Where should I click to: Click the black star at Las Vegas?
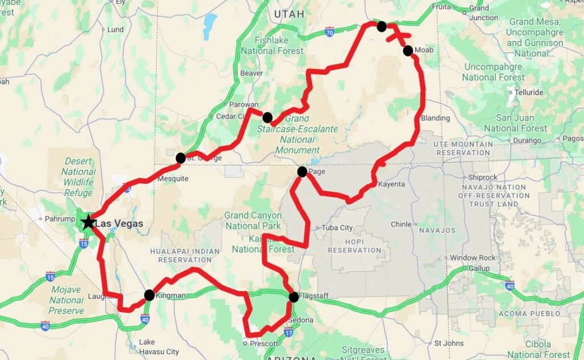pyautogui.click(x=88, y=222)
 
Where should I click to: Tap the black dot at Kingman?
pyautogui.click(x=149, y=295)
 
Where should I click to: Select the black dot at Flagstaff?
pyautogui.click(x=293, y=297)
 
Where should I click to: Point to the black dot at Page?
pyautogui.click(x=302, y=171)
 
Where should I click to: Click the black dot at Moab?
pyautogui.click(x=408, y=51)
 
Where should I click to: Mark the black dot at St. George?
pyautogui.click(x=181, y=158)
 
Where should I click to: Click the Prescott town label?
pyautogui.click(x=264, y=343)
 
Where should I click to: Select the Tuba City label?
pyautogui.click(x=338, y=228)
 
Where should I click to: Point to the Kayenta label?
pyautogui.click(x=391, y=184)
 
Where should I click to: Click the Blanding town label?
pyautogui.click(x=436, y=118)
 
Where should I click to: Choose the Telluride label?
pyautogui.click(x=529, y=92)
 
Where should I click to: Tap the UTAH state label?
pyautogui.click(x=289, y=14)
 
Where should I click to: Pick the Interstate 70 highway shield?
pyautogui.click(x=330, y=34)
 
